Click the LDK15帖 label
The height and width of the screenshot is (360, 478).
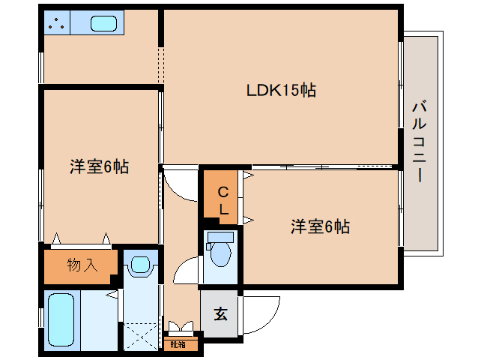pyautogui.click(x=281, y=91)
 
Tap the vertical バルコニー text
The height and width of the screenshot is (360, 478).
pyautogui.click(x=419, y=142)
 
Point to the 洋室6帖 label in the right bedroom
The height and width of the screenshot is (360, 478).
pyautogui.click(x=320, y=226)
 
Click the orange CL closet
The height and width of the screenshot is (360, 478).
pyautogui.click(x=223, y=198)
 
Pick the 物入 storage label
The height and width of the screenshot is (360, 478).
pyautogui.click(x=82, y=265)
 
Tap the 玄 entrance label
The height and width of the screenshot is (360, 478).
pyautogui.click(x=221, y=313)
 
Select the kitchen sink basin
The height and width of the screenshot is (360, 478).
pyautogui.click(x=103, y=23)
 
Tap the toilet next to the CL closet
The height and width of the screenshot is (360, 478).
pyautogui.click(x=220, y=250)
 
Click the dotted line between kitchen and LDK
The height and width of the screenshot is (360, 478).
pyautogui.click(x=160, y=65)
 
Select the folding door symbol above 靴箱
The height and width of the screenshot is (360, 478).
pyautogui.click(x=180, y=328)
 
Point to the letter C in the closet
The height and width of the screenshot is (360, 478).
pyautogui.click(x=223, y=192)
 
